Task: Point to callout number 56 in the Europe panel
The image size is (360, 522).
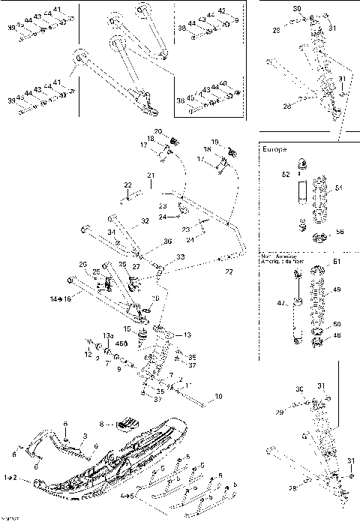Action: pyautogui.click(x=340, y=232)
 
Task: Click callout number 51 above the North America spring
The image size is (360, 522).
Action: pyautogui.click(x=336, y=261)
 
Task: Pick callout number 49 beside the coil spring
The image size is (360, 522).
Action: pyautogui.click(x=337, y=289)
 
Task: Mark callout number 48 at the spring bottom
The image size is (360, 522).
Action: pyautogui.click(x=336, y=335)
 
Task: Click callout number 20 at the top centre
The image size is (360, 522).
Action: pyautogui.click(x=159, y=132)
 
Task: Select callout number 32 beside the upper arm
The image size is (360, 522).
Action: pyautogui.click(x=145, y=222)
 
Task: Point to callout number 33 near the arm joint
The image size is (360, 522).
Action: pyautogui.click(x=181, y=256)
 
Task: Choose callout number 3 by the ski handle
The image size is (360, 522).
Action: pyautogui.click(x=85, y=436)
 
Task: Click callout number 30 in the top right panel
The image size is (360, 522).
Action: pyautogui.click(x=297, y=9)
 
